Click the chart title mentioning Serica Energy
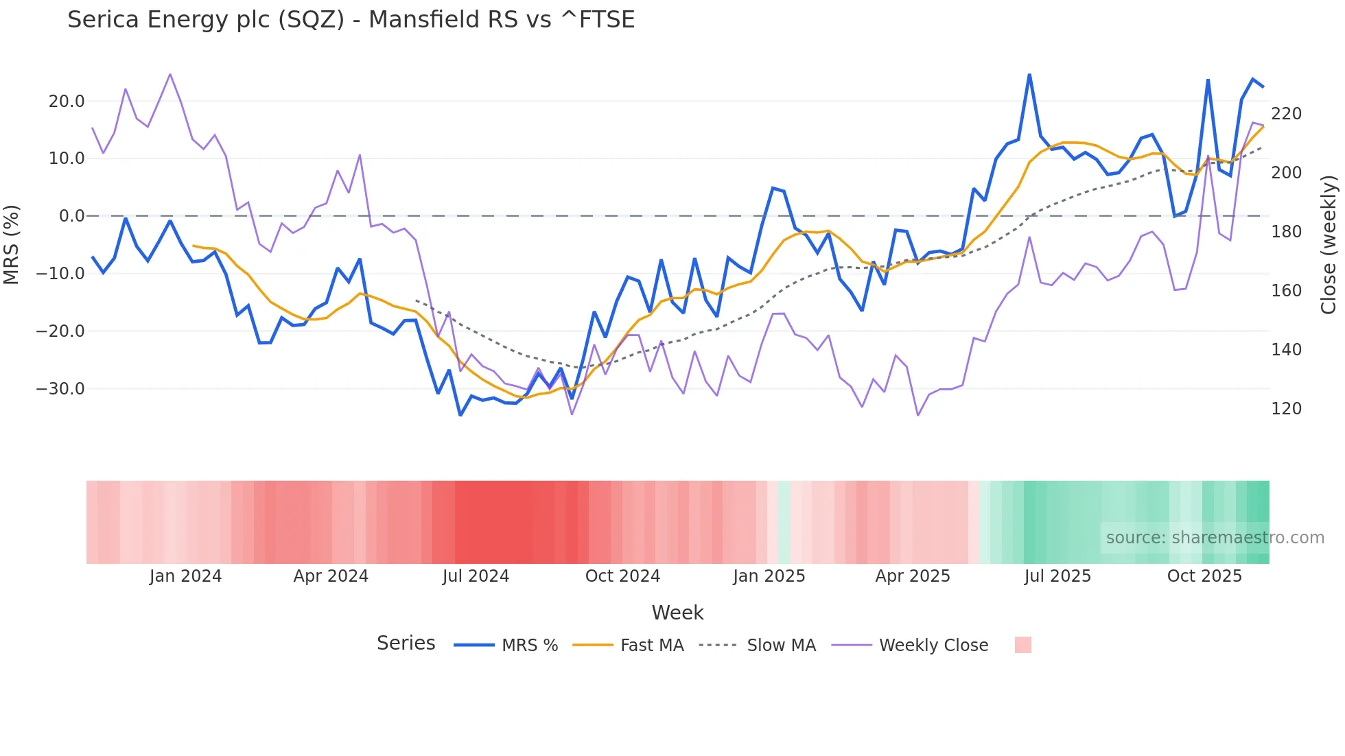pyautogui.click(x=351, y=20)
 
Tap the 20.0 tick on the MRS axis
pyautogui.click(x=67, y=102)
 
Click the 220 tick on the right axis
pyautogui.click(x=1286, y=114)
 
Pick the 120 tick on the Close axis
pyautogui.click(x=1286, y=409)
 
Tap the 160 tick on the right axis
pyautogui.click(x=1286, y=291)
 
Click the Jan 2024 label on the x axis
pyautogui.click(x=185, y=576)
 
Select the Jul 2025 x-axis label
pyautogui.click(x=1057, y=576)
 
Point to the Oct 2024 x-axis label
pyautogui.click(x=622, y=576)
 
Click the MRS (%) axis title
pyautogui.click(x=12, y=244)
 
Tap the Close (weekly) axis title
pyautogui.click(x=1329, y=244)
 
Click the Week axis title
pyautogui.click(x=677, y=613)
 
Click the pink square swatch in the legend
pyautogui.click(x=1022, y=645)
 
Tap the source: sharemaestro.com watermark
pyautogui.click(x=1215, y=538)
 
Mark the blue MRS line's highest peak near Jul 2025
pyautogui.click(x=1029, y=75)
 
